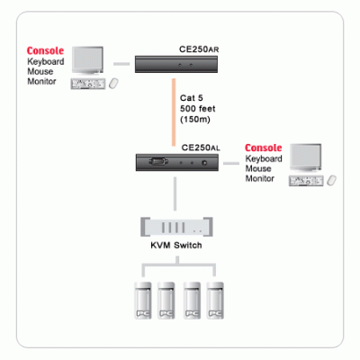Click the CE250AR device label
click(x=199, y=49)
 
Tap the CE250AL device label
click(x=201, y=148)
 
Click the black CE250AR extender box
click(x=176, y=64)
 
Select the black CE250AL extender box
click(x=177, y=163)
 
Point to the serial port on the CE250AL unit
click(x=157, y=162)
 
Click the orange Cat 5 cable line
click(x=174, y=112)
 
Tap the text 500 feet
click(x=198, y=109)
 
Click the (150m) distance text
click(x=195, y=120)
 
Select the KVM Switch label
click(x=176, y=246)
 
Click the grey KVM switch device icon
click(x=176, y=227)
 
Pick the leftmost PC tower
click(x=143, y=301)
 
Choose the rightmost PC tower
click(x=215, y=301)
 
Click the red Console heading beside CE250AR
click(x=45, y=50)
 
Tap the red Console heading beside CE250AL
click(x=264, y=148)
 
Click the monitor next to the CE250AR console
click(x=87, y=60)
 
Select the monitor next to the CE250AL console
click(x=306, y=158)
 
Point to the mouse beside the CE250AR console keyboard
click(x=113, y=84)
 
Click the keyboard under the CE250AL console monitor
click(x=306, y=181)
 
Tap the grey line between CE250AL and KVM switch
click(x=175, y=194)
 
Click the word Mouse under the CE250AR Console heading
click(x=40, y=71)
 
